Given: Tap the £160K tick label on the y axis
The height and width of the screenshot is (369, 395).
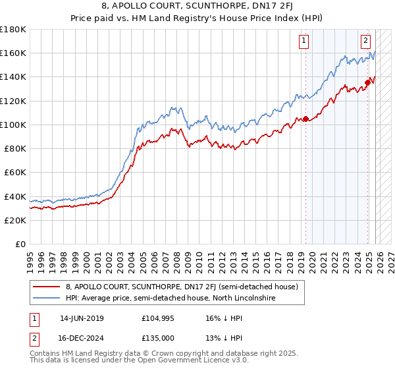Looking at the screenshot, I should pyautogui.click(x=13, y=53).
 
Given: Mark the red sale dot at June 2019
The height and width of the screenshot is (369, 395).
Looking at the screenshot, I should pyautogui.click(x=305, y=119).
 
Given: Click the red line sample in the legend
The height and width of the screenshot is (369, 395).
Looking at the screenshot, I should pyautogui.click(x=47, y=287).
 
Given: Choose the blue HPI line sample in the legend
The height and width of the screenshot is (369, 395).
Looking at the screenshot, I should pyautogui.click(x=47, y=298).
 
